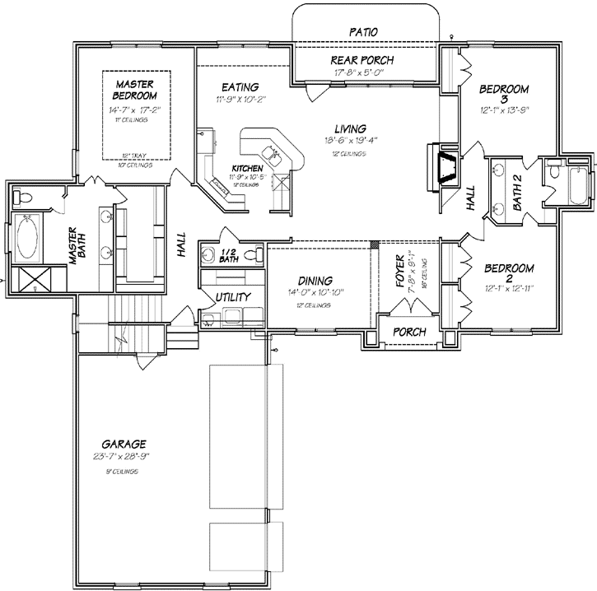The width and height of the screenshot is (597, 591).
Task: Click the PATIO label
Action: pyautogui.click(x=363, y=30)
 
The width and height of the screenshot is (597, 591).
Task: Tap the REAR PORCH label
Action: pyautogui.click(x=362, y=60)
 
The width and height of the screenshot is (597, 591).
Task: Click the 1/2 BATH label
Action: pyautogui.click(x=228, y=254)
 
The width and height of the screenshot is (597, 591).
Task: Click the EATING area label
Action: pyautogui.click(x=240, y=87)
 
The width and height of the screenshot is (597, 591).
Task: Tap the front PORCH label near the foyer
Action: pyautogui.click(x=409, y=331)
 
